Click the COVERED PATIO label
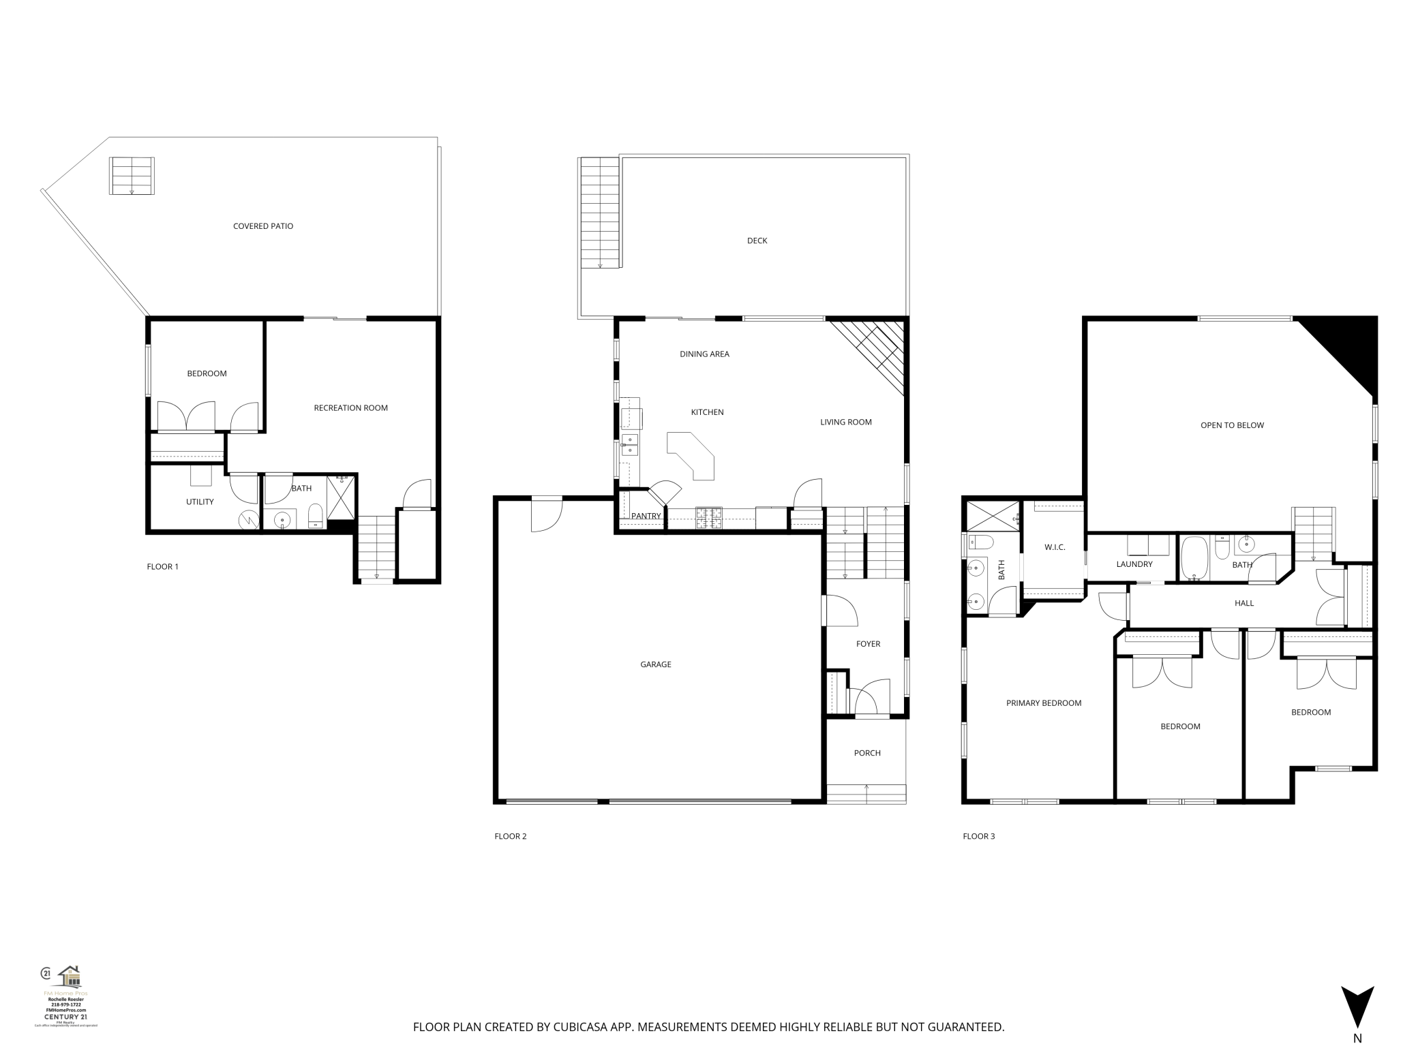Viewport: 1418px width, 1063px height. [x=263, y=226]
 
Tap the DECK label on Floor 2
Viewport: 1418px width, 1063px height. [x=757, y=241]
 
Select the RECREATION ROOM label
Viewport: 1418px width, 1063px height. [x=350, y=408]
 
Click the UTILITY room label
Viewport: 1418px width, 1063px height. [x=200, y=502]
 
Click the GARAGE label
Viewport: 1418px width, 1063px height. [x=655, y=664]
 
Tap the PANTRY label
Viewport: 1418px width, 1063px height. [x=646, y=517]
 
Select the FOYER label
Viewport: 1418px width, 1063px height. [x=868, y=644]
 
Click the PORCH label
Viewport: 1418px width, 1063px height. [x=867, y=753]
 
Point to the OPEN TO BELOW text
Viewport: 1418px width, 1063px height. [x=1232, y=425]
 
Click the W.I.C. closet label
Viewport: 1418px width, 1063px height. [x=1055, y=548]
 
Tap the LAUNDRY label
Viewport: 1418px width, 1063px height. [x=1134, y=564]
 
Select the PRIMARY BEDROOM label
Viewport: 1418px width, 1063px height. [x=1044, y=703]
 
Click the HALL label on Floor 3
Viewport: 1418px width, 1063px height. [x=1244, y=603]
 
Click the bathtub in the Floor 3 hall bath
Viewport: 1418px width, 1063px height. [x=1194, y=558]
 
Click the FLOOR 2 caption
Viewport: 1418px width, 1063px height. [x=511, y=836]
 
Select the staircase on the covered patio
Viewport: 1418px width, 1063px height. [x=132, y=176]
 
